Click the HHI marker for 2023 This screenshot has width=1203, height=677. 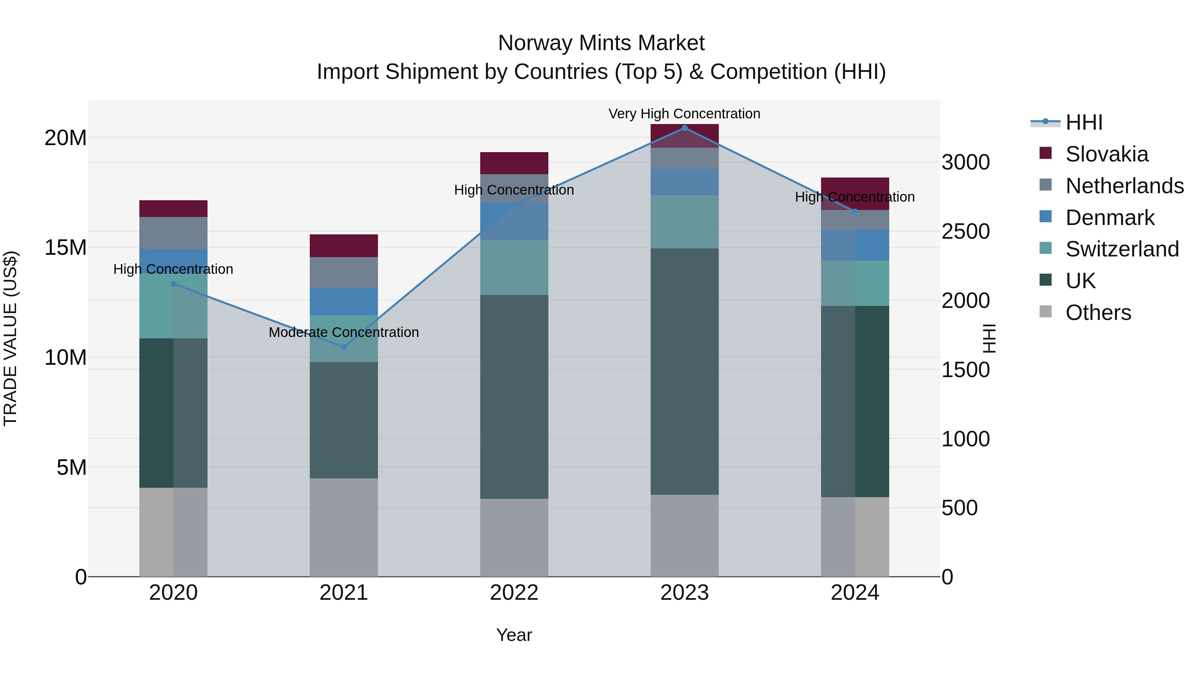point(685,128)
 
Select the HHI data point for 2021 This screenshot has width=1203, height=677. point(344,347)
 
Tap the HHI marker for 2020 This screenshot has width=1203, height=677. point(173,284)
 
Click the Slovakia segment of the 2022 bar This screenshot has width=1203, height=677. point(514,163)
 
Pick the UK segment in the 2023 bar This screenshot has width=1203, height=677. point(685,371)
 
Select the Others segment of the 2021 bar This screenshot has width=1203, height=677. point(344,527)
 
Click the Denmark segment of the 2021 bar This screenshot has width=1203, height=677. point(344,302)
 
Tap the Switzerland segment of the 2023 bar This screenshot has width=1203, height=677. point(685,221)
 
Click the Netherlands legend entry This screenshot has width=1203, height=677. point(1124,186)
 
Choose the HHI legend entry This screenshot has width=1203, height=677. point(1083,122)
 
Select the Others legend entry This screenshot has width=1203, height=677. point(1098,313)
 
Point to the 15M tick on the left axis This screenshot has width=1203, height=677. point(65,248)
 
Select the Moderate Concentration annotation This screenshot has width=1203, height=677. point(344,332)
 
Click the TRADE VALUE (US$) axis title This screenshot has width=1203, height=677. point(10,338)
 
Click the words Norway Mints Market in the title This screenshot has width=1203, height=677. point(601,43)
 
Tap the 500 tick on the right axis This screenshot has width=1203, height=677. point(959,508)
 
